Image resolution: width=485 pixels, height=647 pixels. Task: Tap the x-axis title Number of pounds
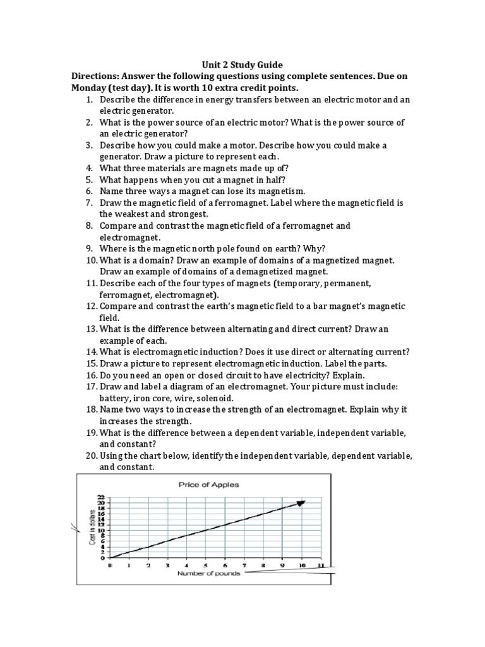coord(210,573)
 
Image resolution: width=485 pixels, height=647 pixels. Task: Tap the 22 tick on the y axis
coord(101,497)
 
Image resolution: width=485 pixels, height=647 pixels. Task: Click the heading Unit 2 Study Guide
coord(242,64)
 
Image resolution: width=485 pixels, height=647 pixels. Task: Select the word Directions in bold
coord(100,76)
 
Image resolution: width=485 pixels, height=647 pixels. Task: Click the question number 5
coord(89,179)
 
